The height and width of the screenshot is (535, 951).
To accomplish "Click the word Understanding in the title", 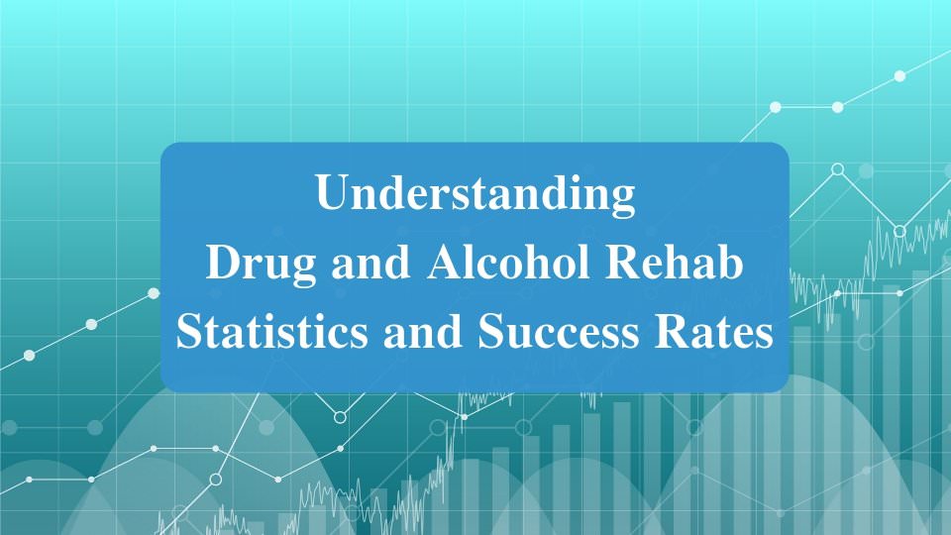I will [475, 194].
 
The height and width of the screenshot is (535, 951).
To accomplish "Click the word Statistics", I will [262, 333].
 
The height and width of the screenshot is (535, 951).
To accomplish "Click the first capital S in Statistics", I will [189, 333].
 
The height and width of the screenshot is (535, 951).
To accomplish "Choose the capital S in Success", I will [492, 333].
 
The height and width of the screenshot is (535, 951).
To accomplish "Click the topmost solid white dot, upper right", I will [899, 75].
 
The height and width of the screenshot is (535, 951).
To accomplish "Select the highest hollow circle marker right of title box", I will [837, 169].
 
